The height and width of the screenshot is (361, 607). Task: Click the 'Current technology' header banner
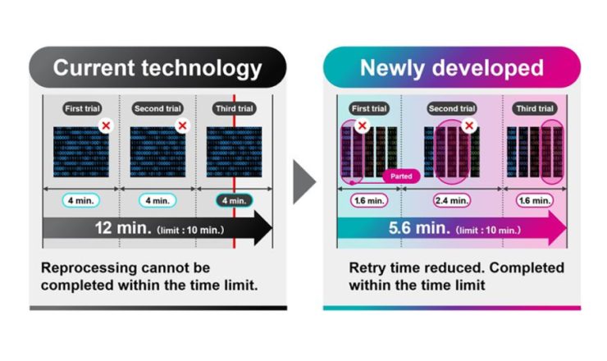[157, 67]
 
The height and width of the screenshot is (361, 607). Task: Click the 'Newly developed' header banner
[451, 67]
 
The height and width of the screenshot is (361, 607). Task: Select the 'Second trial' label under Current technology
[157, 108]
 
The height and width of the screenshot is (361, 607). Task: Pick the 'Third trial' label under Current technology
[234, 108]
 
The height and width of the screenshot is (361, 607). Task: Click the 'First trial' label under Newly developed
[368, 108]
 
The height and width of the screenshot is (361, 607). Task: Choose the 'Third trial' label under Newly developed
[536, 108]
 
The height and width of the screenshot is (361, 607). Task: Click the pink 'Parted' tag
[402, 176]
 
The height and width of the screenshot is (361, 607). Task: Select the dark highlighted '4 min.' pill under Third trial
[233, 199]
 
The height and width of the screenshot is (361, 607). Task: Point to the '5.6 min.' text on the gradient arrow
[421, 227]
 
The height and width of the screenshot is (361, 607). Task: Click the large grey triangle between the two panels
[304, 181]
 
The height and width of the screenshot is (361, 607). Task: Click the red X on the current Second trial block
[182, 126]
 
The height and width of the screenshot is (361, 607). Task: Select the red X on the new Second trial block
[469, 126]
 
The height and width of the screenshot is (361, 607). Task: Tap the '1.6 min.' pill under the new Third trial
[536, 199]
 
